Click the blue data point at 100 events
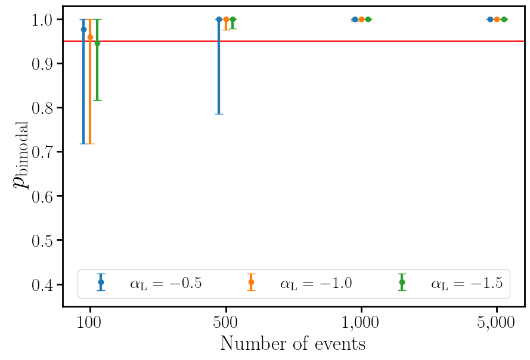pyautogui.click(x=83, y=29)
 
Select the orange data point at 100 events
pyautogui.click(x=90, y=38)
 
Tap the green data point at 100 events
pyautogui.click(x=97, y=43)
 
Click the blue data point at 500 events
pyautogui.click(x=219, y=19)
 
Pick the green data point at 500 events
pyautogui.click(x=233, y=19)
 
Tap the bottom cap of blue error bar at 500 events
pyautogui.click(x=219, y=114)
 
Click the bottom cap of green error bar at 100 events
pyautogui.click(x=97, y=100)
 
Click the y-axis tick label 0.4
pyautogui.click(x=44, y=284)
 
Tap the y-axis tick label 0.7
pyautogui.click(x=44, y=152)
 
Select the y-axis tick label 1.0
pyautogui.click(x=44, y=20)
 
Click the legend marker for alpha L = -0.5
pyautogui.click(x=101, y=282)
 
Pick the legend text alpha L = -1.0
pyautogui.click(x=316, y=283)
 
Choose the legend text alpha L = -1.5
pyautogui.click(x=467, y=283)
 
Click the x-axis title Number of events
pyautogui.click(x=293, y=344)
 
